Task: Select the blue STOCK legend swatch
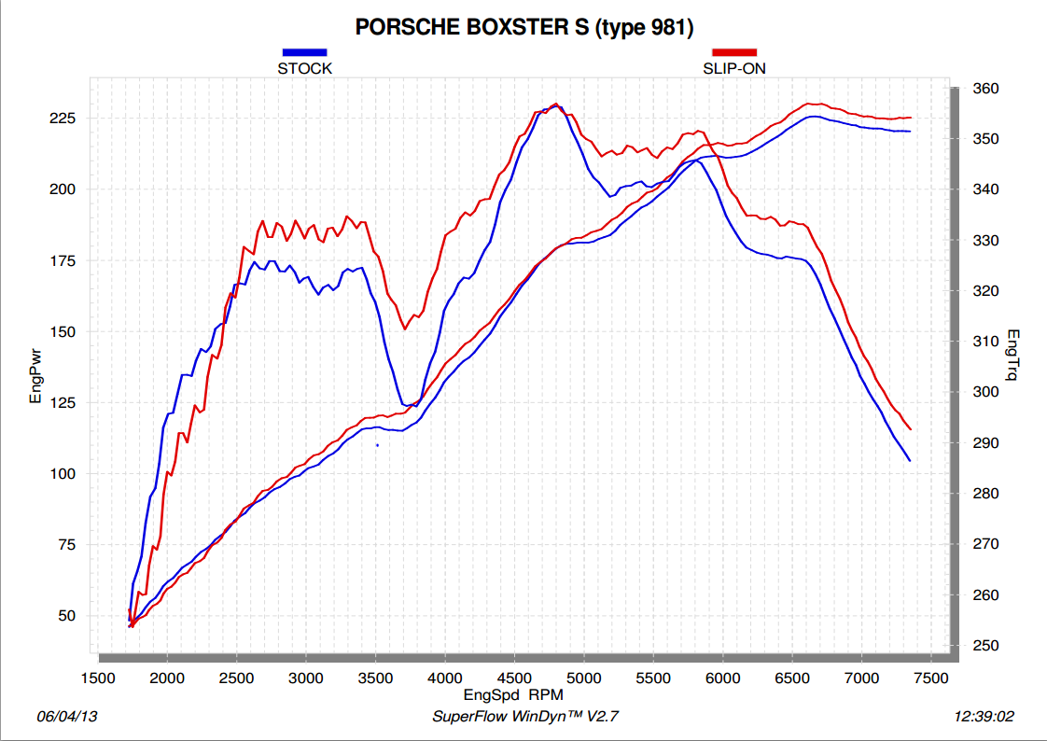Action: tap(304, 53)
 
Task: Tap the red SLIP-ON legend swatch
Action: tap(734, 53)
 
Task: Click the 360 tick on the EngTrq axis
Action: tap(985, 89)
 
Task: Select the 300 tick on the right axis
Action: tap(985, 392)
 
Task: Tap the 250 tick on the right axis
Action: tap(985, 646)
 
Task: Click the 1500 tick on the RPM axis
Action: tap(98, 678)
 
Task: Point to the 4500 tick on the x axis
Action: tap(514, 678)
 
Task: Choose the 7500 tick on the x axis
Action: tap(930, 678)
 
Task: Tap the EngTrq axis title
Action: tap(1013, 356)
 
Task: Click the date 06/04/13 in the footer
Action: tap(67, 717)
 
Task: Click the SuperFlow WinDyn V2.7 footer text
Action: tap(525, 717)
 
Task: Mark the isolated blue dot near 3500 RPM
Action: tap(377, 445)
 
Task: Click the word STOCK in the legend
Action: tap(304, 68)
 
